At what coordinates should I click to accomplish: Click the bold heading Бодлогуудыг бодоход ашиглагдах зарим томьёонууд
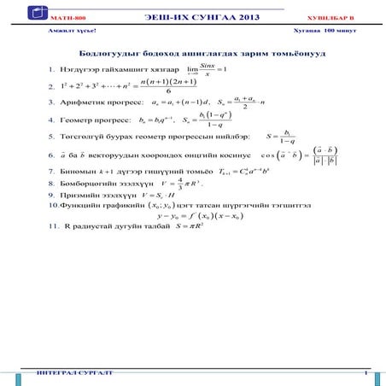pos(194,53)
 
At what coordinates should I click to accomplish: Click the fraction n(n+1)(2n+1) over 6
pos(168,86)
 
